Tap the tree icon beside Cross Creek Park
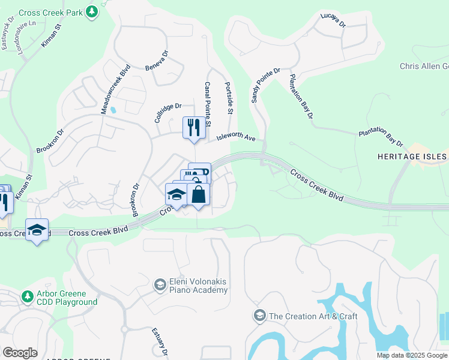(x=91, y=11)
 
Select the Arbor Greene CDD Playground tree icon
(x=27, y=296)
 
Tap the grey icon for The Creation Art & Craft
(x=260, y=316)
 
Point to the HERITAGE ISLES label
(x=412, y=157)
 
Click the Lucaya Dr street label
(x=333, y=20)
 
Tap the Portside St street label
(x=229, y=98)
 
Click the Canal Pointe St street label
(x=208, y=104)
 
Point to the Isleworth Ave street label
(x=237, y=137)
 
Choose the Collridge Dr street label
(x=167, y=112)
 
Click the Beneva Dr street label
(x=157, y=61)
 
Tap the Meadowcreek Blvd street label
(x=115, y=90)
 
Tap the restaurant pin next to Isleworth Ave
(x=193, y=127)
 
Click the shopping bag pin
(x=199, y=194)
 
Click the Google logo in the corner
(x=20, y=353)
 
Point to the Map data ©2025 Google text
(x=412, y=355)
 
